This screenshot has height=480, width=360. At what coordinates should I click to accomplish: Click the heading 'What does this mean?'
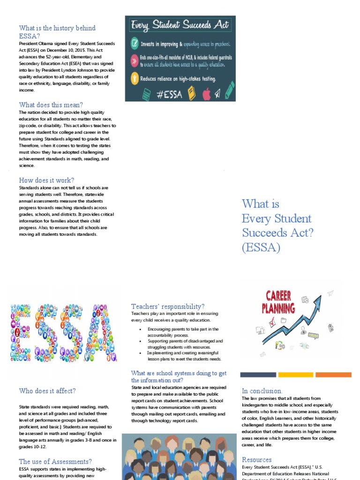(51, 105)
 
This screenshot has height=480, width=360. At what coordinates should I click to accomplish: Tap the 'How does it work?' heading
(46, 180)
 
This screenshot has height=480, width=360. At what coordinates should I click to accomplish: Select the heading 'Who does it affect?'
(47, 391)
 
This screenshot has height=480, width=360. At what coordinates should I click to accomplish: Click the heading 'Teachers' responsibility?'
(168, 307)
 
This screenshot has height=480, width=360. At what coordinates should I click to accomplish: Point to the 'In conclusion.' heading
(262, 391)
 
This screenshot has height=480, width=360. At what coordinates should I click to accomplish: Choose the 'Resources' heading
(257, 460)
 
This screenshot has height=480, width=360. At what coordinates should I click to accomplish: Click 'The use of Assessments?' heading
(55, 462)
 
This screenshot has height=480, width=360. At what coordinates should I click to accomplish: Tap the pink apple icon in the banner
(206, 94)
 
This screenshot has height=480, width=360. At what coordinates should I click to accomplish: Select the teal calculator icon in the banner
(146, 94)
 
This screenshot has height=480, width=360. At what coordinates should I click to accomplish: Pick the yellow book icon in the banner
(191, 94)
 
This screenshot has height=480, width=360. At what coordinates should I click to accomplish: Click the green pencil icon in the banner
(230, 90)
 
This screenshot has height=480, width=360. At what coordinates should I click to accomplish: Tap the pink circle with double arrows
(135, 60)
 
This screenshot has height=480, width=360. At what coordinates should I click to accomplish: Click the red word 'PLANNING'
(278, 308)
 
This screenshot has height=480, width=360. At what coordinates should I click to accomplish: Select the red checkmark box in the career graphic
(270, 322)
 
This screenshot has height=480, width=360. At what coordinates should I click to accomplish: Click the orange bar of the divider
(333, 375)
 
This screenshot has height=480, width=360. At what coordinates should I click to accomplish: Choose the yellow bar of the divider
(295, 375)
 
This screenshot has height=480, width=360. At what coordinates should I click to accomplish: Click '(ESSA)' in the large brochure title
(261, 247)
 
